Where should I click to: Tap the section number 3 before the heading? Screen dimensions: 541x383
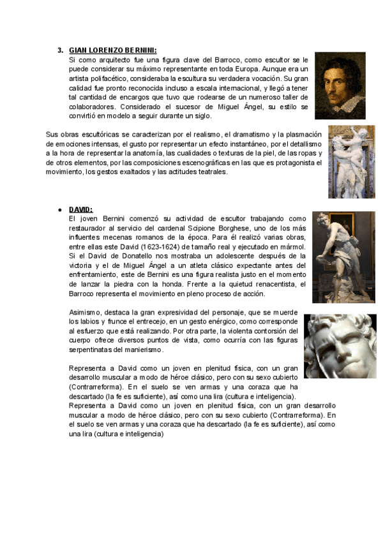point(60,50)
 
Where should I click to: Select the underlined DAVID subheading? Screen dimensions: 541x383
point(80,209)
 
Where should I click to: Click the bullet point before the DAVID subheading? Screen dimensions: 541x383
point(59,210)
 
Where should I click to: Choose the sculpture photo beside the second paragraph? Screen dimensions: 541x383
point(351,161)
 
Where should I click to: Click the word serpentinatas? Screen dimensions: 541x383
point(92,350)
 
